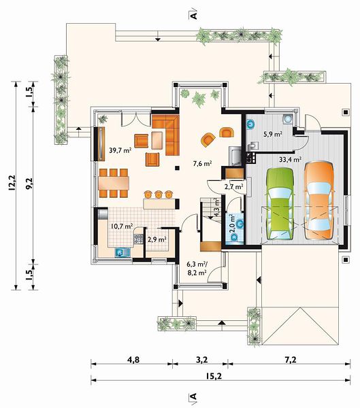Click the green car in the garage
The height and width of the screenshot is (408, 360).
(x=280, y=203)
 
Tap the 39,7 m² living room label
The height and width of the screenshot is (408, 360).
(x=120, y=150)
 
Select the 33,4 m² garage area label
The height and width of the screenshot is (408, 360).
(x=290, y=159)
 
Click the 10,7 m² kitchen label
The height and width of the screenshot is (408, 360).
(x=122, y=226)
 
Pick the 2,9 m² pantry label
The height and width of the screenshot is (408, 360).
(x=157, y=239)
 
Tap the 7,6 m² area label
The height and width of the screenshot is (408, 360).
(x=202, y=163)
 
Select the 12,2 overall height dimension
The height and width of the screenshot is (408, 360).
(x=12, y=183)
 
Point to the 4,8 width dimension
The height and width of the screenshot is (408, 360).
(x=133, y=360)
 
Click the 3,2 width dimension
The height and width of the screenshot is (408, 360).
(x=201, y=360)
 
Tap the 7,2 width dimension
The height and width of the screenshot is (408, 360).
(x=291, y=360)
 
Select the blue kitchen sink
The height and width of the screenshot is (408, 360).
(x=122, y=252)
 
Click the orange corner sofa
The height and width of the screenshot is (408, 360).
(x=165, y=135)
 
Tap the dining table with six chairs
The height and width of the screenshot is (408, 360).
(x=114, y=183)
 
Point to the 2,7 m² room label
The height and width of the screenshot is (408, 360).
(x=233, y=186)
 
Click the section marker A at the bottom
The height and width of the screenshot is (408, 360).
(x=193, y=396)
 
